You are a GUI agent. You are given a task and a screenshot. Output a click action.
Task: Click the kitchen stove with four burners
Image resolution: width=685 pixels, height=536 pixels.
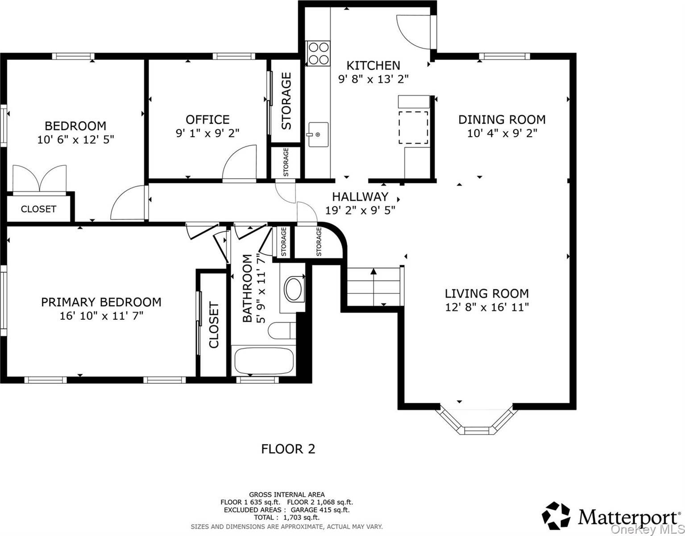(x=318, y=53)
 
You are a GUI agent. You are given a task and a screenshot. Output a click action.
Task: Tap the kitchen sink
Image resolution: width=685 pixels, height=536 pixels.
(x=318, y=135)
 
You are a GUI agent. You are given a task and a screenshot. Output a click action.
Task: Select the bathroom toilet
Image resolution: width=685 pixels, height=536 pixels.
(x=282, y=331)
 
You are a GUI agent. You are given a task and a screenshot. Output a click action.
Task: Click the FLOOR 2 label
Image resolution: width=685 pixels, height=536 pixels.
(x=288, y=449)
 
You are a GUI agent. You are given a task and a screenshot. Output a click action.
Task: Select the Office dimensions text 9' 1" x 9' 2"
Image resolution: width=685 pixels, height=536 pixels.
(x=208, y=133)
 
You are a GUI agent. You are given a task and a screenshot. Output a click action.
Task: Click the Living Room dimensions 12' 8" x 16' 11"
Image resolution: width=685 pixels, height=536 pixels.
(x=487, y=307)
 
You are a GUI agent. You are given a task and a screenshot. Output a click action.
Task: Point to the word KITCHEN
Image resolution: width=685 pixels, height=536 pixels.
(x=373, y=66)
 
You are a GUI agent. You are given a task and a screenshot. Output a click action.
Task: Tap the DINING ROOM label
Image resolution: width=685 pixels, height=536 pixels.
(x=502, y=120)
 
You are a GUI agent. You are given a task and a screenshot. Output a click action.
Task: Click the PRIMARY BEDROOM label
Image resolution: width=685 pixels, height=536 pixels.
(x=101, y=302)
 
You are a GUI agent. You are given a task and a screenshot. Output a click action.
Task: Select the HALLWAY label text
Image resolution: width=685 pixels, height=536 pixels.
(x=360, y=197)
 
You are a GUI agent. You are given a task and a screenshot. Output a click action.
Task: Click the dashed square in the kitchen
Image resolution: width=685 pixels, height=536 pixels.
(x=413, y=127)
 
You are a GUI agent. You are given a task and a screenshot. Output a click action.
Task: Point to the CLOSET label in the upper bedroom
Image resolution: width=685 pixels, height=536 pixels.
(x=38, y=209)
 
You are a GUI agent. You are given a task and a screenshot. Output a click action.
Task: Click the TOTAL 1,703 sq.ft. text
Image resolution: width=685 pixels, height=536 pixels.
(x=286, y=517)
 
